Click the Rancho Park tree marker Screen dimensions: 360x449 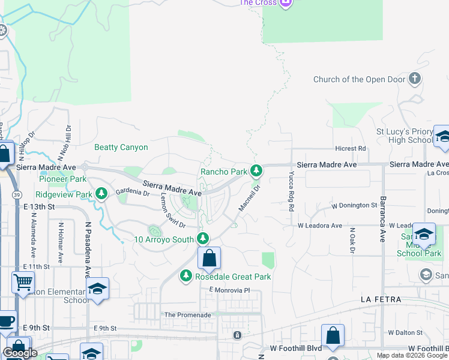coord(256,171)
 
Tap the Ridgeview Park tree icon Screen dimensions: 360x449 coord(102,193)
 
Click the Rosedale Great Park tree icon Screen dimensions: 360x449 coord(185,276)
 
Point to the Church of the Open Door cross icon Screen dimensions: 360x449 coord(414,79)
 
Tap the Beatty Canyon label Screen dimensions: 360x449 coord(121,147)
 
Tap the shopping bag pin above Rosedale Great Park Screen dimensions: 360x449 coord(209,259)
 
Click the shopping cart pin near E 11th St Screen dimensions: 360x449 coord(23,282)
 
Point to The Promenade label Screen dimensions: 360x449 coord(188,314)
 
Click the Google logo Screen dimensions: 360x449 coord(20,353)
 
